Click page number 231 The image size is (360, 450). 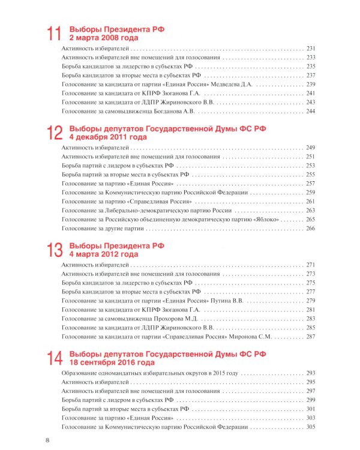310,48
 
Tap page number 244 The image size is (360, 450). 310,111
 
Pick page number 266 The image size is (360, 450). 310,229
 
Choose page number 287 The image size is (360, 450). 310,337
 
